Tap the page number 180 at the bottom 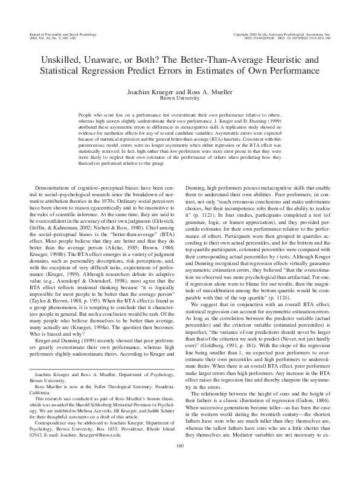[x=179, y=463]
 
